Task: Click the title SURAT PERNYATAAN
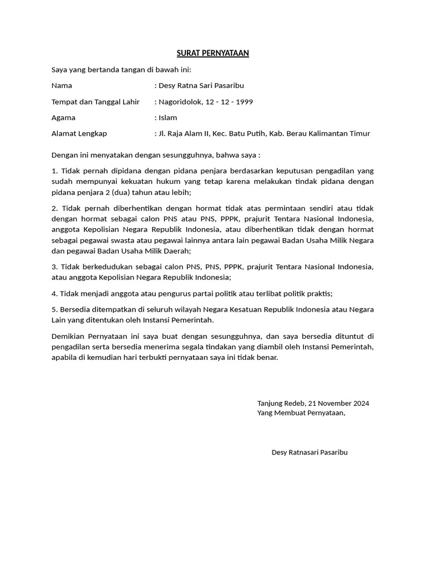[212, 53]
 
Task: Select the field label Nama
[62, 86]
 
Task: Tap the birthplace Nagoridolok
[180, 102]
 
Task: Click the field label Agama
[63, 118]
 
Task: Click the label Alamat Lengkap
[79, 133]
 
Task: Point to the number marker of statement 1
[54, 171]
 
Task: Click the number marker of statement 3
[54, 267]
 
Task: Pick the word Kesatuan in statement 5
[270, 310]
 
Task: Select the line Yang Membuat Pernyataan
[301, 413]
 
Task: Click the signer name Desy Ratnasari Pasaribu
[310, 452]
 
